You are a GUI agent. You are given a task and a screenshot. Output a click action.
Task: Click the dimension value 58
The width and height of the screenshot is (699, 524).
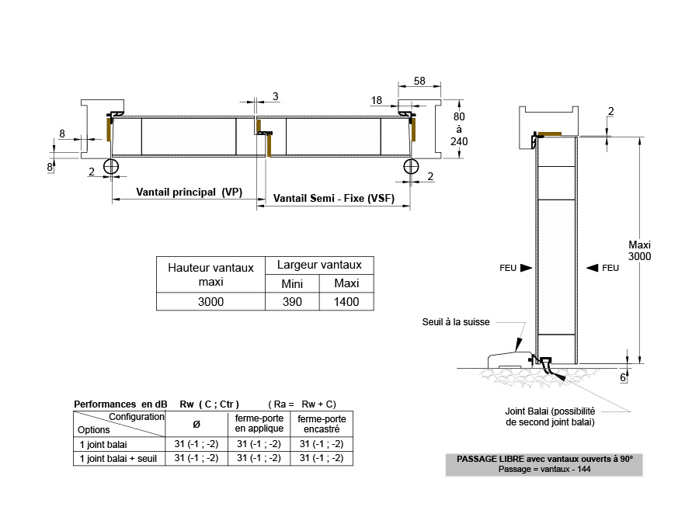[x=419, y=81]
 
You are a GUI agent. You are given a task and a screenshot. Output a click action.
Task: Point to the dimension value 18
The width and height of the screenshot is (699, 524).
[x=377, y=100]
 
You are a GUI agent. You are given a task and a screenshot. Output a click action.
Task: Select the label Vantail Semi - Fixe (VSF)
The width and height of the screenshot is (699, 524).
[x=334, y=199]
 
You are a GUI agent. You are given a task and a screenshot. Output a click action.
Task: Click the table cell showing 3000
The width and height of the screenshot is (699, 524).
[x=210, y=302]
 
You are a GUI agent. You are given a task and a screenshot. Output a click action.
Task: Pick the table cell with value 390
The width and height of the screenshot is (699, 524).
[x=292, y=302]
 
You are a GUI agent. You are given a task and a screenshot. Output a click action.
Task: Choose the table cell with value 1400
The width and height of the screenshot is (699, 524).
[x=346, y=302]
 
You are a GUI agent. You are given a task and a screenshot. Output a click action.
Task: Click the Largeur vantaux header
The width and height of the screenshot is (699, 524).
[x=319, y=265]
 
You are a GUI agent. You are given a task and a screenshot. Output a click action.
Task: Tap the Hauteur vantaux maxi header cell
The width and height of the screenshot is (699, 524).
[x=210, y=274]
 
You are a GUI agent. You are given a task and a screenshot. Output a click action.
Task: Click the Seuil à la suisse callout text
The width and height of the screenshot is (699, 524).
[x=456, y=322]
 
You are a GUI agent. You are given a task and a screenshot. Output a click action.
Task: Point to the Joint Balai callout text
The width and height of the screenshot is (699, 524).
[x=550, y=417]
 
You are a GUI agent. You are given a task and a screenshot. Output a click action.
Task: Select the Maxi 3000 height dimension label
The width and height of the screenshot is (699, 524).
[x=639, y=250]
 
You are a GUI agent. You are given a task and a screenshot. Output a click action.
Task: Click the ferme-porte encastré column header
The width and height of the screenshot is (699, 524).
[x=321, y=423]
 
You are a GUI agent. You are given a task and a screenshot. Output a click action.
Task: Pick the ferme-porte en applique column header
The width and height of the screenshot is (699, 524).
[x=259, y=423]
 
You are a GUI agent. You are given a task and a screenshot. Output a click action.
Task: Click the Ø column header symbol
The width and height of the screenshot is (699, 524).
[x=196, y=424]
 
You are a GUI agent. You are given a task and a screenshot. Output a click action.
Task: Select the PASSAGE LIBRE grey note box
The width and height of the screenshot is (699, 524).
[x=544, y=464]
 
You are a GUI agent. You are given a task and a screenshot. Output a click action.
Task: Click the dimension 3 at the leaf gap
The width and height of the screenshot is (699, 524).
[x=276, y=96]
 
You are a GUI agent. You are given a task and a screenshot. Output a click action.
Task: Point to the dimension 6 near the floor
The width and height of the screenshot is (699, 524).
[x=624, y=377]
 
